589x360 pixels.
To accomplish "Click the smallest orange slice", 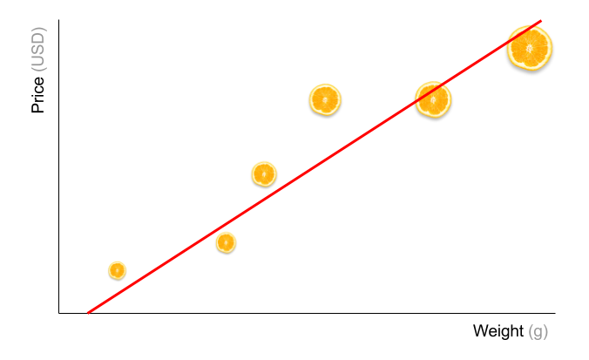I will coord(117,270).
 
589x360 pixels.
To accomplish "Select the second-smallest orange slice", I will coord(226,242).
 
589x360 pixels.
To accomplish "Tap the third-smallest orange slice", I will coord(264,174).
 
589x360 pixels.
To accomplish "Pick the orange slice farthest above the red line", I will coord(325,99).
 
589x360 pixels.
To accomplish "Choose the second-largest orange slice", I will coord(433,99).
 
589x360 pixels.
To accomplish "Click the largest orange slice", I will coord(530,48).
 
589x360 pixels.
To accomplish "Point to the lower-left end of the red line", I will coord(88,313).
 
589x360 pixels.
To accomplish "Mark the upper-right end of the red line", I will coord(540,21).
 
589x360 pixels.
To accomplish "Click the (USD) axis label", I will coord(38,49).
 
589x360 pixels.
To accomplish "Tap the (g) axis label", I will coord(538,331).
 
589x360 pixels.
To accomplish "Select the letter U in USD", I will coord(38,59).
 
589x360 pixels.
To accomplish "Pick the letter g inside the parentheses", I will coord(538,332).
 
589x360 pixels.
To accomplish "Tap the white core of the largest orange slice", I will coord(530,48).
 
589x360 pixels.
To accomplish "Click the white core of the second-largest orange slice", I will coord(433,99).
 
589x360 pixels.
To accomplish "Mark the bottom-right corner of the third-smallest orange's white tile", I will coord(280,192).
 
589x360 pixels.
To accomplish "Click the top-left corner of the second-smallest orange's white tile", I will coord(213,229).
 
